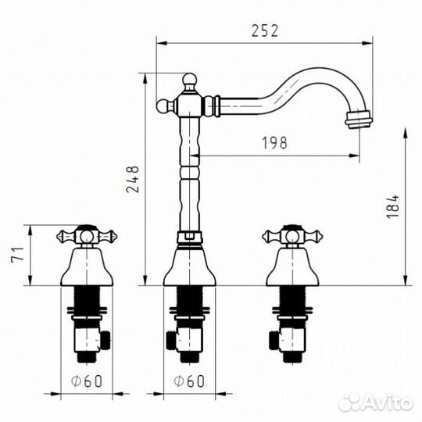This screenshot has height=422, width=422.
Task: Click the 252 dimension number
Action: pyautogui.click(x=265, y=30)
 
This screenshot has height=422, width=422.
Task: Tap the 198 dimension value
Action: pyautogui.click(x=275, y=143)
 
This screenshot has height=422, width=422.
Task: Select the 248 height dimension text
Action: pyautogui.click(x=133, y=179)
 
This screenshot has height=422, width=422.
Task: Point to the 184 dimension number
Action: pyautogui.click(x=393, y=206)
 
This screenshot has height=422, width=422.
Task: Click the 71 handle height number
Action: pyautogui.click(x=18, y=254)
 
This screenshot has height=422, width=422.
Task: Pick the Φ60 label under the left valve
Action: pyautogui.click(x=87, y=381)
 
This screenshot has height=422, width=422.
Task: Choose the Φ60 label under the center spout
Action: pyautogui.click(x=189, y=381)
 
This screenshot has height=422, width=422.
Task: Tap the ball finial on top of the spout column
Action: pyautogui.click(x=190, y=80)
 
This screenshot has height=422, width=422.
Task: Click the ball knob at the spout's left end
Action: pyautogui.click(x=163, y=106)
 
